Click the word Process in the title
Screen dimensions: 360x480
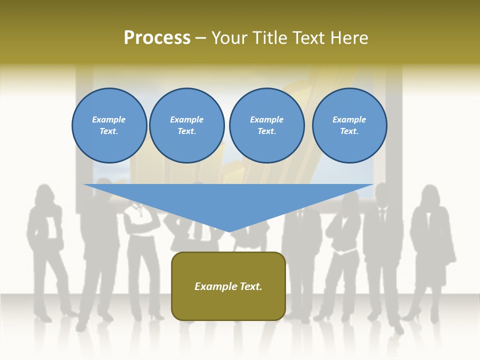pyautogui.click(x=157, y=38)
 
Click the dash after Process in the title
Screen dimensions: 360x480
pyautogui.click(x=201, y=38)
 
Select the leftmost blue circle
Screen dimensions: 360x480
pyautogui.click(x=109, y=125)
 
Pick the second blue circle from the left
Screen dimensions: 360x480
pyautogui.click(x=187, y=125)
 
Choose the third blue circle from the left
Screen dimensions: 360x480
pyautogui.click(x=267, y=125)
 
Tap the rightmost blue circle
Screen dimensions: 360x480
pyautogui.click(x=349, y=125)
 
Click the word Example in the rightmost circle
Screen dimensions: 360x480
pyautogui.click(x=349, y=119)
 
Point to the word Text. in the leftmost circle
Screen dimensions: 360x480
pyautogui.click(x=109, y=131)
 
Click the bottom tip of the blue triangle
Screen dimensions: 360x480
pyautogui.click(x=229, y=231)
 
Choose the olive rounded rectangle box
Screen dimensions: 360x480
pyautogui.click(x=228, y=286)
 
